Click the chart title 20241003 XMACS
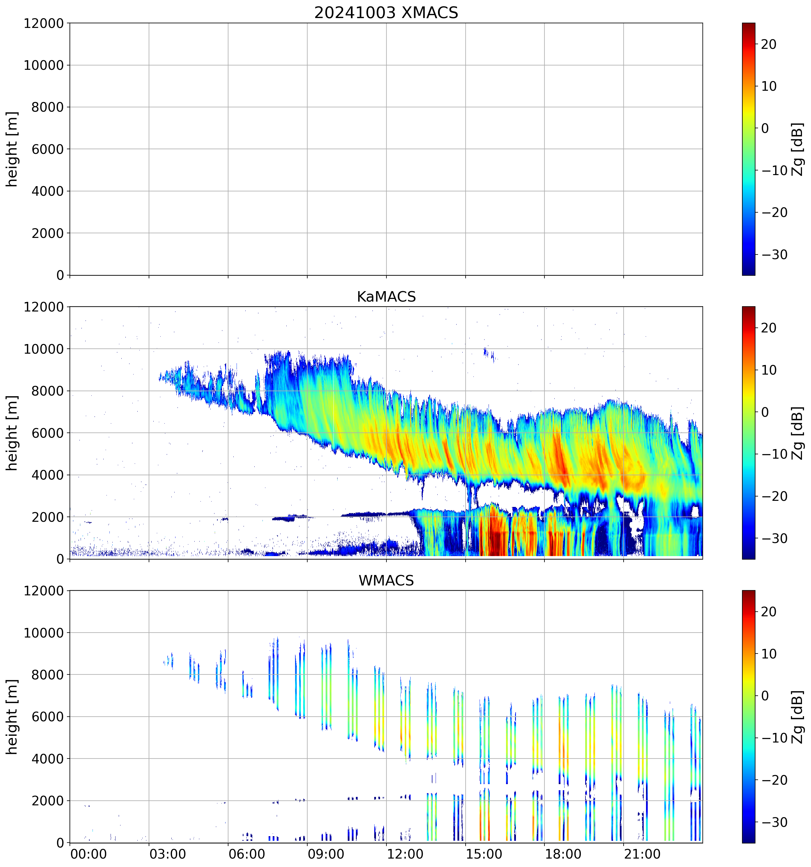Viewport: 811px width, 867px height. click(x=386, y=13)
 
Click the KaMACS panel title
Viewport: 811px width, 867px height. click(x=386, y=297)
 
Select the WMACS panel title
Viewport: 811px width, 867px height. click(x=386, y=581)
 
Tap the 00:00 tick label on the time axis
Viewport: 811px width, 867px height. click(x=88, y=854)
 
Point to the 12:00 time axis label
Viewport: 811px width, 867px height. click(x=405, y=854)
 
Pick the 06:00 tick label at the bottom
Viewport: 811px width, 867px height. click(x=246, y=854)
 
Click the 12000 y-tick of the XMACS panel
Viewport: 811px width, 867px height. click(x=44, y=24)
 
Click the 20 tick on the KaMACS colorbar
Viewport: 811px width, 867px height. click(x=769, y=328)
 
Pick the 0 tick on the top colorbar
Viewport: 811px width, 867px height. click(x=765, y=128)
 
